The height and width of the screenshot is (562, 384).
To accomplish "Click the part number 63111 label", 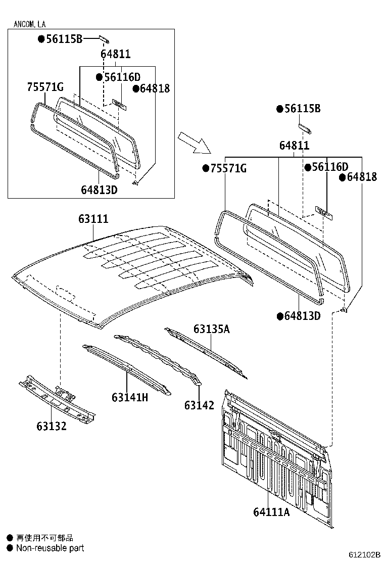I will (x=93, y=219).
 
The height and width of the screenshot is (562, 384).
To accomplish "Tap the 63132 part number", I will (x=51, y=426).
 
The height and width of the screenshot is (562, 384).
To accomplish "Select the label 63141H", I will (x=130, y=397).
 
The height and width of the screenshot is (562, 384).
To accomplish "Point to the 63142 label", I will (x=199, y=405).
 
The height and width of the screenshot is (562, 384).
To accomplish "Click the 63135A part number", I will (x=211, y=330).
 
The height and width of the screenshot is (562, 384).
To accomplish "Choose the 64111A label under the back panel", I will (x=271, y=512).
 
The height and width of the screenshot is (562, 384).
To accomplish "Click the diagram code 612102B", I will (x=363, y=554).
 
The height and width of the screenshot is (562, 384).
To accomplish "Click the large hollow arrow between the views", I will (x=195, y=142).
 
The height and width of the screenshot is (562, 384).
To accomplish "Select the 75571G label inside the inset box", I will (x=45, y=87).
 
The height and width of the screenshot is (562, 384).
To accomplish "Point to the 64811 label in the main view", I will (x=295, y=146).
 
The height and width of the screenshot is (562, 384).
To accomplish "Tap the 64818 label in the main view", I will (x=361, y=177).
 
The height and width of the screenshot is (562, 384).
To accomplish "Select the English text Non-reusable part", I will (x=50, y=548).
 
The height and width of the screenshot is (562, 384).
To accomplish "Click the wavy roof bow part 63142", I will (x=157, y=354).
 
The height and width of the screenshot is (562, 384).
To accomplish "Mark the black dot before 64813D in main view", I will (x=279, y=316).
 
